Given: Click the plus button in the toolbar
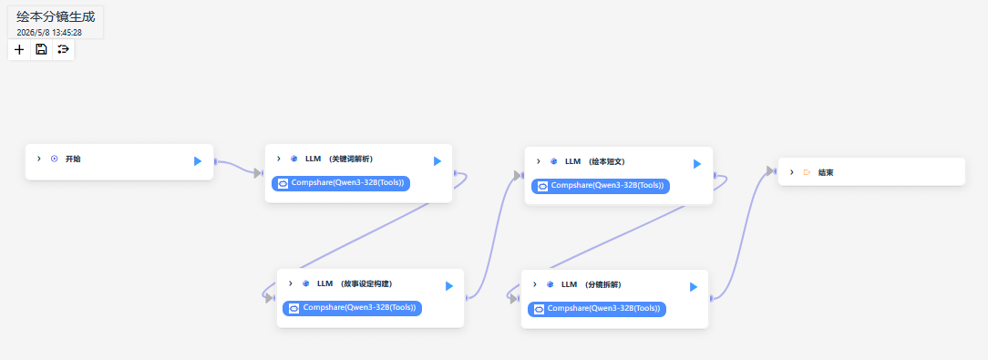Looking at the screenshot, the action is (x=19, y=49).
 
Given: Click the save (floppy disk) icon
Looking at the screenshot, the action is (x=42, y=49).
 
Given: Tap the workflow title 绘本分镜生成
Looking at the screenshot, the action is (x=56, y=17).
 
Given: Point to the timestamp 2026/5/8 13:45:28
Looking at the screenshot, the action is (x=49, y=32).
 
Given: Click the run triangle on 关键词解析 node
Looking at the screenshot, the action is (x=437, y=161).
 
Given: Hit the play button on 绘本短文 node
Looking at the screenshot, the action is (x=697, y=164).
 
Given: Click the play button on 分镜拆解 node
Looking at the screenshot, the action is (x=693, y=287).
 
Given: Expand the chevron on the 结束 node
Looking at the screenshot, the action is (x=791, y=172).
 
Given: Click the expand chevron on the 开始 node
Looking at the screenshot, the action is (x=39, y=159).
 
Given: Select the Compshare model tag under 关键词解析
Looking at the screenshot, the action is (x=342, y=183).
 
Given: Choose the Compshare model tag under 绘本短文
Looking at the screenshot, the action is (x=602, y=186).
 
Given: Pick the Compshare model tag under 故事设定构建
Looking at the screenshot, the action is (x=353, y=308).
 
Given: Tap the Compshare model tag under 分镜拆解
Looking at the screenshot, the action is (x=597, y=309).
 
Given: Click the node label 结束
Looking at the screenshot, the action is (x=826, y=172).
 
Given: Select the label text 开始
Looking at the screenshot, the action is (x=73, y=159).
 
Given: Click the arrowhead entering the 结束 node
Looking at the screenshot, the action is (x=770, y=170).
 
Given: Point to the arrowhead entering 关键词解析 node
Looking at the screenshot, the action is (x=258, y=173).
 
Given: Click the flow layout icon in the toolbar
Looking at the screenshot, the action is (x=63, y=49).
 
